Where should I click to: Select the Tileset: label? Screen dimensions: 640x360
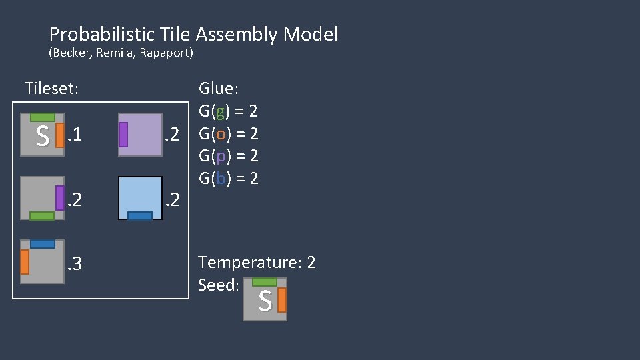(x=51, y=88)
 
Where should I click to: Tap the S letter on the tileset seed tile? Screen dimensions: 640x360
(x=42, y=138)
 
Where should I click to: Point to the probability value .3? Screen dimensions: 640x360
(x=75, y=265)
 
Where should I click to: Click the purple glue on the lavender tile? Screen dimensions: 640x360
(x=123, y=135)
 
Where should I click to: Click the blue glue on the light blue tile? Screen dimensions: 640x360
(x=140, y=215)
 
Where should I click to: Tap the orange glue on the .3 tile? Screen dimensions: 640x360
(x=25, y=262)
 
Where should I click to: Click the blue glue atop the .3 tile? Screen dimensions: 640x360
(x=43, y=244)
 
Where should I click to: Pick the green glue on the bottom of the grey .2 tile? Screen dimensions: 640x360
(x=42, y=215)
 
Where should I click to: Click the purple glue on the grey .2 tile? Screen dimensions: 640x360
(x=60, y=198)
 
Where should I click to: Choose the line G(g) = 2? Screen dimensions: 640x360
(x=229, y=111)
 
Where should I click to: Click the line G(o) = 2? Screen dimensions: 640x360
(x=229, y=133)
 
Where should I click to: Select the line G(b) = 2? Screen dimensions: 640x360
(x=229, y=178)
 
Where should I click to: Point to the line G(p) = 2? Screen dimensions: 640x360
(x=229, y=156)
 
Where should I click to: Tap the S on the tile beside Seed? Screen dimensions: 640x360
(x=265, y=302)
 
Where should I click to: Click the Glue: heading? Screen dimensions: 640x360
(x=219, y=89)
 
